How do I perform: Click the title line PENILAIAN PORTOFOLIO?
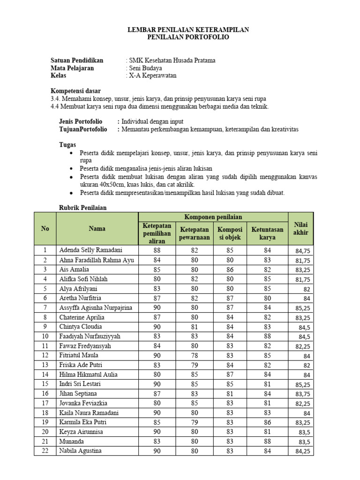(188, 37)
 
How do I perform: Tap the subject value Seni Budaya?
(146, 68)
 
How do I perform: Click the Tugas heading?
(67, 145)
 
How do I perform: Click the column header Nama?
(97, 229)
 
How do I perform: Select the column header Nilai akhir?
(300, 229)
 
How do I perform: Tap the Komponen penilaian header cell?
(213, 217)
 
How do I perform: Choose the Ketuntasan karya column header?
(267, 233)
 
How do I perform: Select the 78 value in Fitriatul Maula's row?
(194, 355)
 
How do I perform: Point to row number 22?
(45, 451)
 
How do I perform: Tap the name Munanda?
(72, 441)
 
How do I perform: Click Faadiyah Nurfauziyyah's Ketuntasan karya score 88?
(267, 336)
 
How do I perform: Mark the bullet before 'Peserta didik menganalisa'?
(71, 168)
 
